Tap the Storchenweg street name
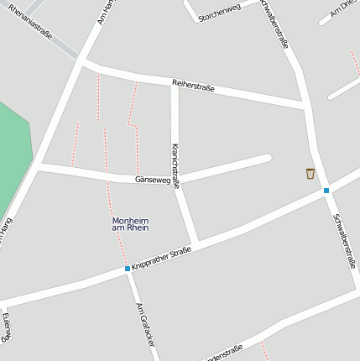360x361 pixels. point(219,12)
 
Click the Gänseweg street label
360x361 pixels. point(153,180)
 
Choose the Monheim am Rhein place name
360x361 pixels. point(130,224)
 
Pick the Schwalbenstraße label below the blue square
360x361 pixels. point(345,240)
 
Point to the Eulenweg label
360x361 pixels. point(7,327)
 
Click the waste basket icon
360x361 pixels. point(310,174)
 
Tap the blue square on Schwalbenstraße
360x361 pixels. point(326,191)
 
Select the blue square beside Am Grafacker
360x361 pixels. point(128,269)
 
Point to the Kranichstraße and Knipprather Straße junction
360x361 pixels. point(196,245)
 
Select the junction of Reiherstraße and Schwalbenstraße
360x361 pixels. point(304,106)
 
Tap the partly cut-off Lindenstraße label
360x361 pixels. point(222,351)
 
